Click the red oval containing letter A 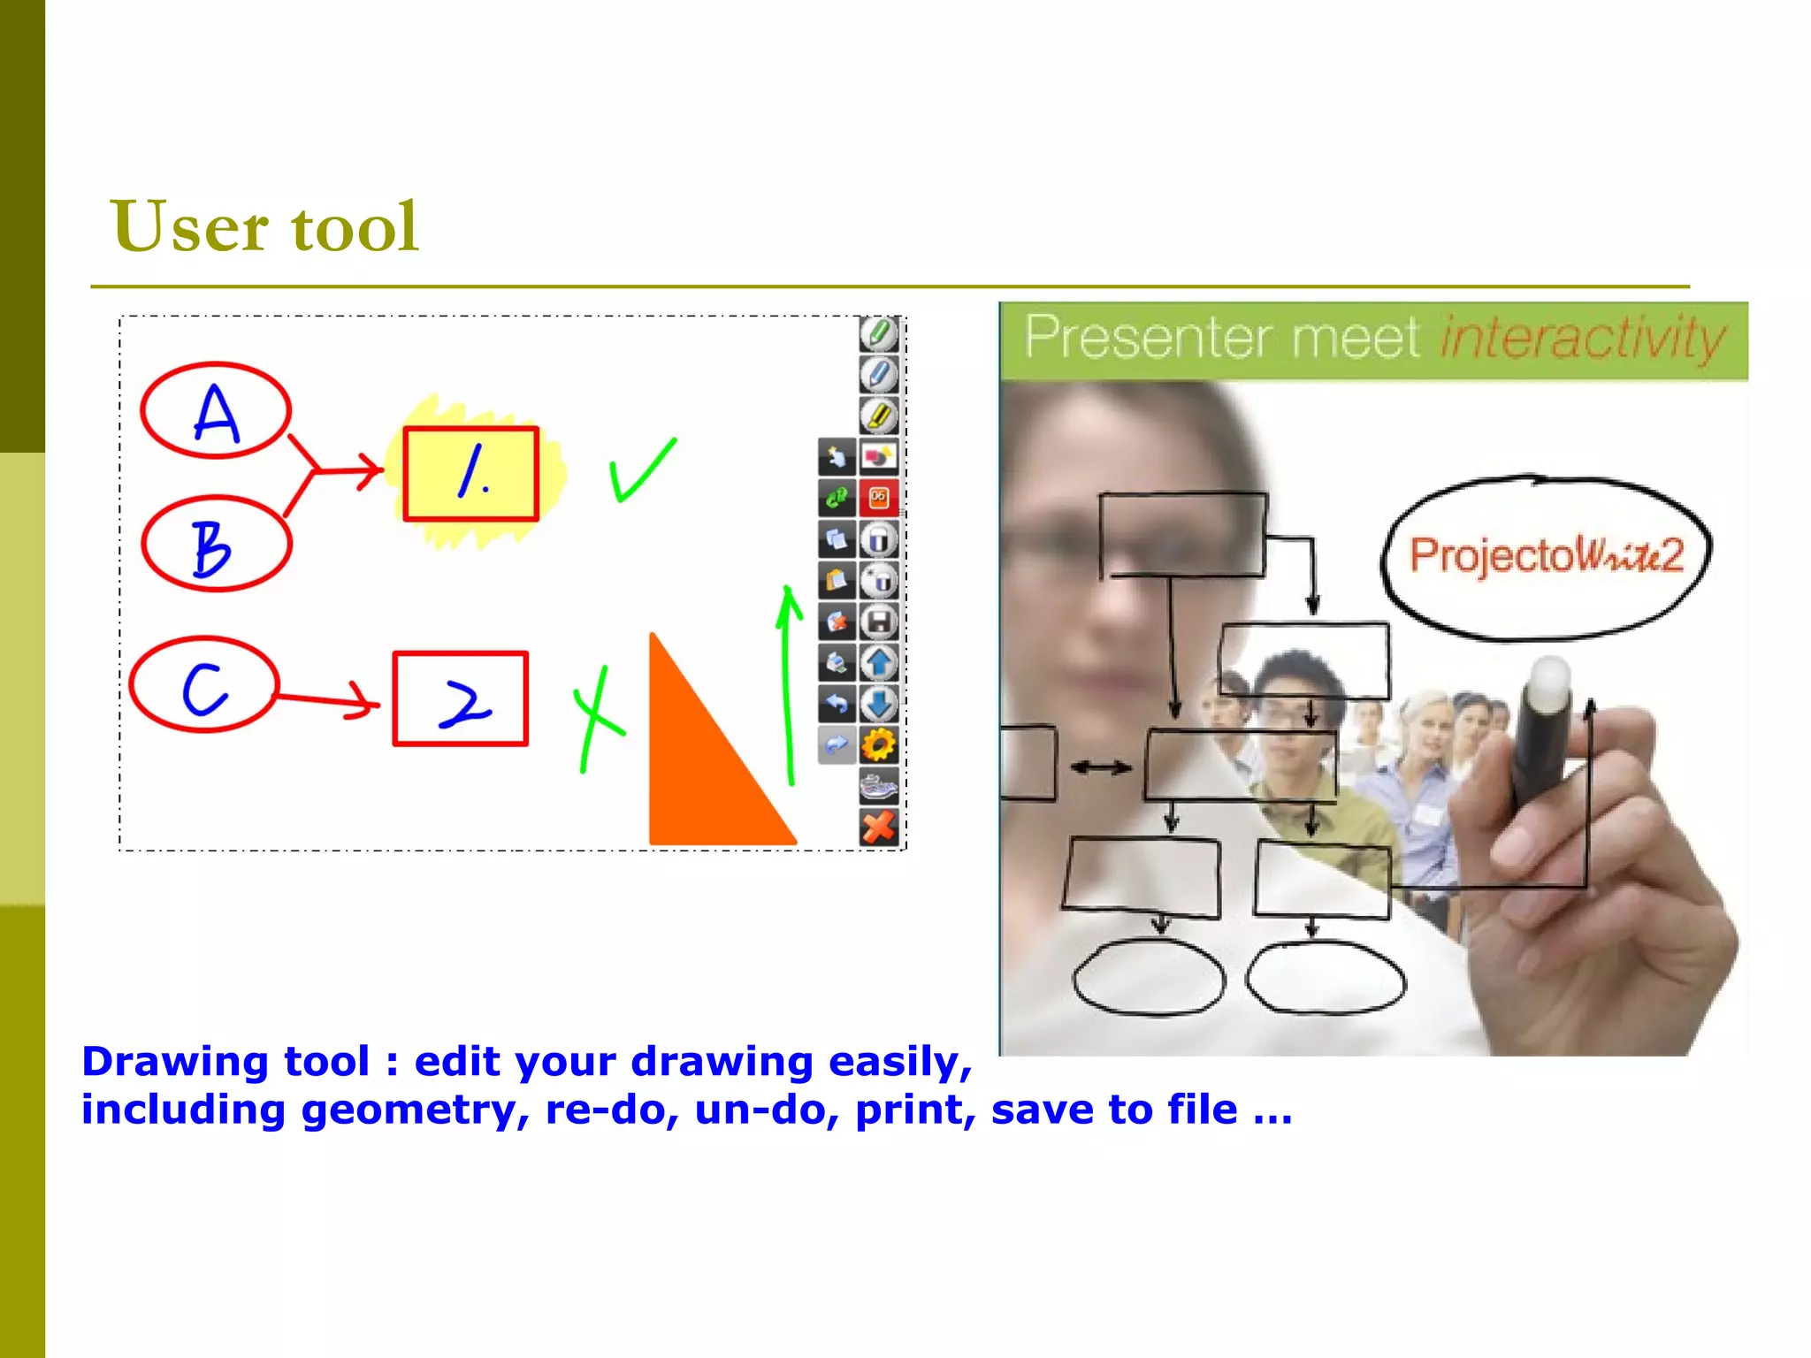click(x=216, y=410)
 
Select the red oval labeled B click(x=216, y=544)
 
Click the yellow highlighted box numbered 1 click(x=470, y=474)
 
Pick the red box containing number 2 click(x=461, y=699)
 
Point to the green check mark click(x=641, y=471)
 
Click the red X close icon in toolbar click(x=878, y=828)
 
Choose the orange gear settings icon click(x=878, y=745)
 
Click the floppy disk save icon click(x=878, y=622)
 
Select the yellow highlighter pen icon click(x=878, y=416)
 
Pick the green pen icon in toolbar click(x=878, y=334)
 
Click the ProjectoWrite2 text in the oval click(x=1546, y=555)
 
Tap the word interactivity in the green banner click(x=1583, y=339)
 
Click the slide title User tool click(x=264, y=227)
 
